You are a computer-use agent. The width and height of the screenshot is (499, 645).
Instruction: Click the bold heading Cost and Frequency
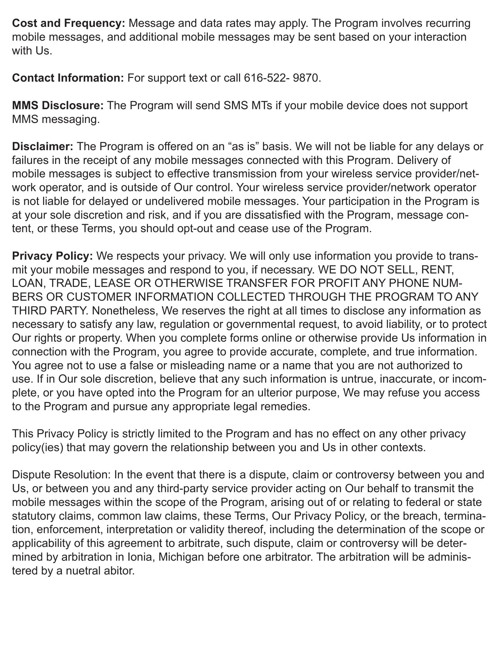[69, 24]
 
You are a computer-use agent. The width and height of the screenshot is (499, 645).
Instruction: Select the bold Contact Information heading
[68, 78]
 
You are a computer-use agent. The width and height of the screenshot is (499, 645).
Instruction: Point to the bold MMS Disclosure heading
[58, 105]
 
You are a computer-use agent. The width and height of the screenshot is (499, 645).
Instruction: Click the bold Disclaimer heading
[43, 146]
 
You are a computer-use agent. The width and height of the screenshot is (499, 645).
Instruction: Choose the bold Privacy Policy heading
[52, 256]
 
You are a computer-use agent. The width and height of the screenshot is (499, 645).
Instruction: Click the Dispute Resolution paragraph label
[62, 475]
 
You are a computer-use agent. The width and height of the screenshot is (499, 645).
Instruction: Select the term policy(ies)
[38, 447]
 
